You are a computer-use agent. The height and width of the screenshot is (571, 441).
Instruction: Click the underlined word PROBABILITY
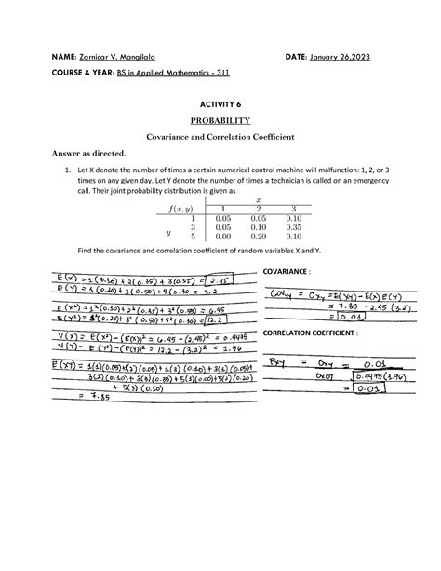point(220,120)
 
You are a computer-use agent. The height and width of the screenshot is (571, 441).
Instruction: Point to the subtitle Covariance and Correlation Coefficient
point(220,136)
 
